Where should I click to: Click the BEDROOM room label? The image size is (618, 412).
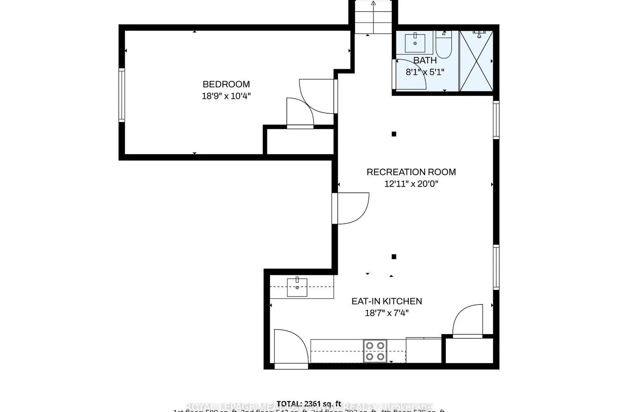(226, 84)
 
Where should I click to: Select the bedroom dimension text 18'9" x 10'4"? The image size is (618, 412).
(226, 96)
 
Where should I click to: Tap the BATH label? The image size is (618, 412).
(425, 60)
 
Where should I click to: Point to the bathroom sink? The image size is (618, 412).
(415, 43)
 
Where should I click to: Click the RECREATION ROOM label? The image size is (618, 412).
(411, 172)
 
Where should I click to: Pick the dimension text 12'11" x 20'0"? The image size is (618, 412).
(411, 184)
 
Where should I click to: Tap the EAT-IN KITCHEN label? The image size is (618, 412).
(386, 301)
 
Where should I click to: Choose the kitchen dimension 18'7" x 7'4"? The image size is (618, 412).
(386, 313)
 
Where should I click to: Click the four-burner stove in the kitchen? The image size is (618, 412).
(375, 351)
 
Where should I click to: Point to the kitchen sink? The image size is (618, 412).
(297, 287)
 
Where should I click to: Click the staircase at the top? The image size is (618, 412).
(373, 17)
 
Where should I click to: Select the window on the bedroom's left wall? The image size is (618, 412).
(122, 95)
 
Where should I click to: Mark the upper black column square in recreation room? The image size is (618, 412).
(394, 134)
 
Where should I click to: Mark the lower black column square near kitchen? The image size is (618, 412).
(394, 257)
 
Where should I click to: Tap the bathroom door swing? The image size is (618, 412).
(410, 74)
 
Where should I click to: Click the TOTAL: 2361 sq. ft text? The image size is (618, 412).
(309, 403)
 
